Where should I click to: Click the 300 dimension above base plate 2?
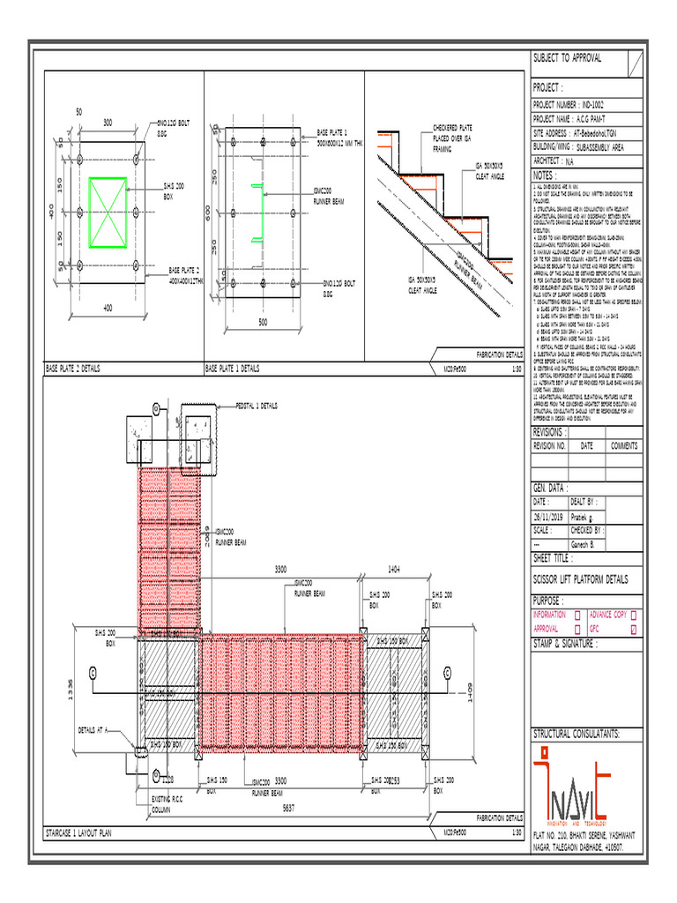coord(108,122)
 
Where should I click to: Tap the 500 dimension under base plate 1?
coord(262,323)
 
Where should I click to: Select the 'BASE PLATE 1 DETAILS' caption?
coord(233,368)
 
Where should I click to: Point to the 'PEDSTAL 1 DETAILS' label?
coord(257,407)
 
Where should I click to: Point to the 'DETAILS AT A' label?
coord(92,730)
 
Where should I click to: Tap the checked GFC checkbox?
coord(634,629)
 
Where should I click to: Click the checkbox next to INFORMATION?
coord(577,615)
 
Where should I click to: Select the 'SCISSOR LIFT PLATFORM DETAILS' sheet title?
coord(580,579)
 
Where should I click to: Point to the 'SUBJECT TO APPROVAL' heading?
coord(567,58)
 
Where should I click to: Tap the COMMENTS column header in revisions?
coord(623,446)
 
